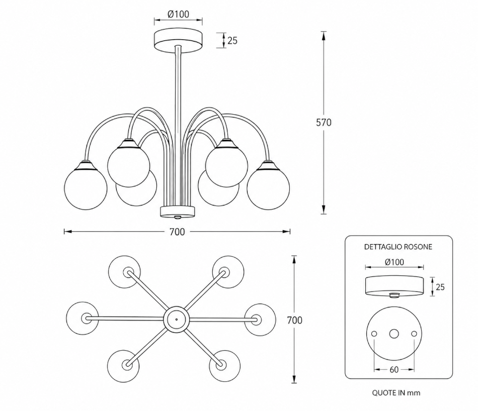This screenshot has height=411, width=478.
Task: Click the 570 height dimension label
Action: click(324, 123)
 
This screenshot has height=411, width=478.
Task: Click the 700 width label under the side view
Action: click(177, 232)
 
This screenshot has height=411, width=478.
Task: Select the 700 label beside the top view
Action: click(294, 320)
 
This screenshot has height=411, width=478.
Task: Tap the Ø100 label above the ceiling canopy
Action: click(178, 14)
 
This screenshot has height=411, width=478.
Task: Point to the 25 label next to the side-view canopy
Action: click(232, 40)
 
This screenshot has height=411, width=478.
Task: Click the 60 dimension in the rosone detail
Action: click(394, 370)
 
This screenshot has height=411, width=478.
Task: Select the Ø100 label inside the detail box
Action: click(394, 262)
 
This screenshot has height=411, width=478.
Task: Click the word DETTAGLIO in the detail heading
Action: click(383, 247)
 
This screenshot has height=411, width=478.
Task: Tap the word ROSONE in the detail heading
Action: click(418, 247)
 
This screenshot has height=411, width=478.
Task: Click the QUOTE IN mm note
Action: click(396, 393)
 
